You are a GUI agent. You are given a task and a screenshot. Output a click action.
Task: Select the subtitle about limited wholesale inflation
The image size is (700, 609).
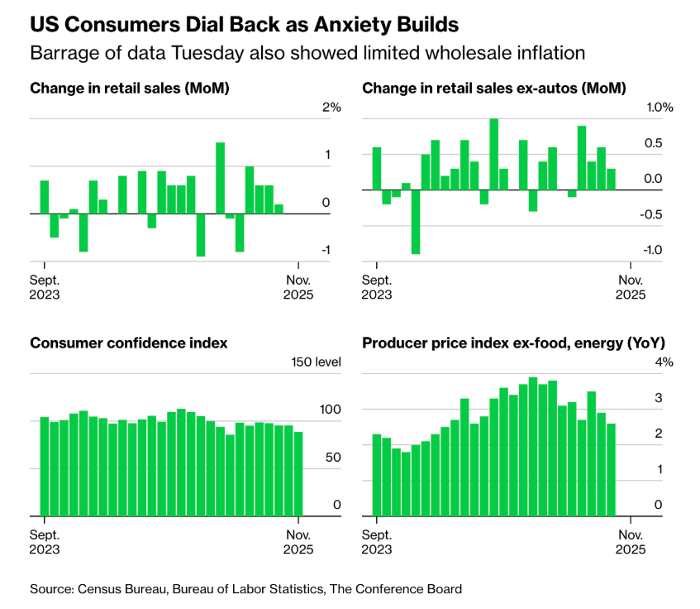307,53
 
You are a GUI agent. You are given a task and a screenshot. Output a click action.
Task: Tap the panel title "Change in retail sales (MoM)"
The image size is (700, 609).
129,88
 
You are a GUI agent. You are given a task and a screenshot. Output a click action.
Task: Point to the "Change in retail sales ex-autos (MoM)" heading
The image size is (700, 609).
494,88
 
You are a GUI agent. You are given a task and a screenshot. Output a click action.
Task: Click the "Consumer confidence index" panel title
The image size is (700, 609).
129,343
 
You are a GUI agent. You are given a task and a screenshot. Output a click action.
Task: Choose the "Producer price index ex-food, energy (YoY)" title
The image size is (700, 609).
513,343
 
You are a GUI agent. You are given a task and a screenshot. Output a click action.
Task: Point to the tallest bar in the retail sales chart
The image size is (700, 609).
221,178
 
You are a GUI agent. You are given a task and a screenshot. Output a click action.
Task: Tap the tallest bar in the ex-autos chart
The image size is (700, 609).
494,154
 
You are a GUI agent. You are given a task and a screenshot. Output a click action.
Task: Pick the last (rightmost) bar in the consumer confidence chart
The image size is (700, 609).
298,472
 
